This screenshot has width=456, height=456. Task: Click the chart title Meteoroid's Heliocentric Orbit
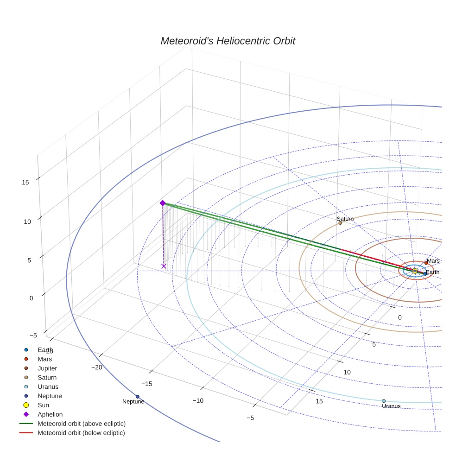click(x=228, y=41)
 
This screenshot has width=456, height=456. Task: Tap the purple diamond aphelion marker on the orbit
click(x=163, y=203)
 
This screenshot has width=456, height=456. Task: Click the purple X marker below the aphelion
click(x=164, y=266)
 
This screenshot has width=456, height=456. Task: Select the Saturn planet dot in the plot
click(x=340, y=223)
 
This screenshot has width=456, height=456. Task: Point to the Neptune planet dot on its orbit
click(x=138, y=396)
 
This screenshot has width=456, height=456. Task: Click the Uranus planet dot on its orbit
click(x=384, y=401)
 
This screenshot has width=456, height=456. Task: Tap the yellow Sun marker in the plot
click(x=415, y=271)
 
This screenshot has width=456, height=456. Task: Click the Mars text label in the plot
click(x=433, y=261)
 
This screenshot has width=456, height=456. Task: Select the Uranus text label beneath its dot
click(x=391, y=406)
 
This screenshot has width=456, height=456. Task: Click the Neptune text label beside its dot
click(x=133, y=402)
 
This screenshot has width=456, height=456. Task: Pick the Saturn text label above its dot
click(x=345, y=219)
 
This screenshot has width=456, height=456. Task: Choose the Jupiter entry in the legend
click(x=47, y=368)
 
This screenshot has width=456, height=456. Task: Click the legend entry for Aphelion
click(x=50, y=414)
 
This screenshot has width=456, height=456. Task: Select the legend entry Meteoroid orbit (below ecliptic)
click(x=81, y=433)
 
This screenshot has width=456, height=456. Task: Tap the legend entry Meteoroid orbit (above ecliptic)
click(x=82, y=424)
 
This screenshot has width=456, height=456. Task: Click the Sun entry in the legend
click(x=44, y=405)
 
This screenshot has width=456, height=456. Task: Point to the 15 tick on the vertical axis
click(x=25, y=182)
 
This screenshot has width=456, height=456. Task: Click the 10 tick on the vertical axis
click(x=27, y=222)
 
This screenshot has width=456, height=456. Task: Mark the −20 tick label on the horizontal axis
click(x=97, y=367)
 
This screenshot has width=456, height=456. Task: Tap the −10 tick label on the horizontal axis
click(x=198, y=400)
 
